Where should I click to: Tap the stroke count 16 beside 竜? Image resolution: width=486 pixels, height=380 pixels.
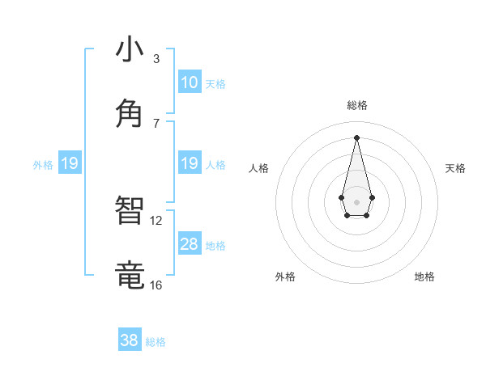tap(156, 285)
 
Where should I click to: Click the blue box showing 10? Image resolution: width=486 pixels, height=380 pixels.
tap(190, 82)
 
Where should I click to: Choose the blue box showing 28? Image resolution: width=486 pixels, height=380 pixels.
tap(190, 244)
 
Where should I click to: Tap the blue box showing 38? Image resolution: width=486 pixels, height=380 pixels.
tap(130, 340)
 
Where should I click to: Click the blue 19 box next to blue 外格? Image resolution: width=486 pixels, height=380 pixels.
tap(70, 163)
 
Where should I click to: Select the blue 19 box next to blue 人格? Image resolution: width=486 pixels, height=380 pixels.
tap(190, 163)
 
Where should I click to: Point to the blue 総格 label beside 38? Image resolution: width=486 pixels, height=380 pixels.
tap(156, 342)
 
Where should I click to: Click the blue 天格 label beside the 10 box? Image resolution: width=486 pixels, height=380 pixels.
tap(215, 83)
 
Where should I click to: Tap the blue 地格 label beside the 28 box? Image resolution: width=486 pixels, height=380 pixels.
tap(215, 245)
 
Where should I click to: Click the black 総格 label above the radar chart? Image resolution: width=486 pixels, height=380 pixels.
tap(356, 105)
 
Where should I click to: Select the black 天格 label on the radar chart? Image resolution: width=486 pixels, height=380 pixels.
tap(455, 168)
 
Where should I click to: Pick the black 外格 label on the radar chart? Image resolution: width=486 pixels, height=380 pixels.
tap(285, 277)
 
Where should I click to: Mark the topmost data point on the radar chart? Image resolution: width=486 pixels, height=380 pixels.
tap(356, 137)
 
